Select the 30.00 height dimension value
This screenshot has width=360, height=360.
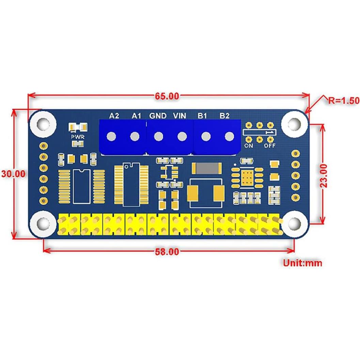click(13, 173)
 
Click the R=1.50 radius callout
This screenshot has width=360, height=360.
click(344, 100)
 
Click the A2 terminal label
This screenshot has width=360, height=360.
click(114, 116)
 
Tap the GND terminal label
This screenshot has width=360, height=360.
click(158, 116)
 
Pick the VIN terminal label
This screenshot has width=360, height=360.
click(179, 116)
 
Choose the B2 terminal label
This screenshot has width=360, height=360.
click(224, 116)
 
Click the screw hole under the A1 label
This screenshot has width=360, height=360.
click(135, 137)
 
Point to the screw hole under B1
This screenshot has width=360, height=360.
click(205, 137)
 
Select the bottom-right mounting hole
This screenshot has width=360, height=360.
click(294, 223)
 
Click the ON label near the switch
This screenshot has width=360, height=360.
click(248, 146)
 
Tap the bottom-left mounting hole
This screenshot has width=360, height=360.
click(43, 223)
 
